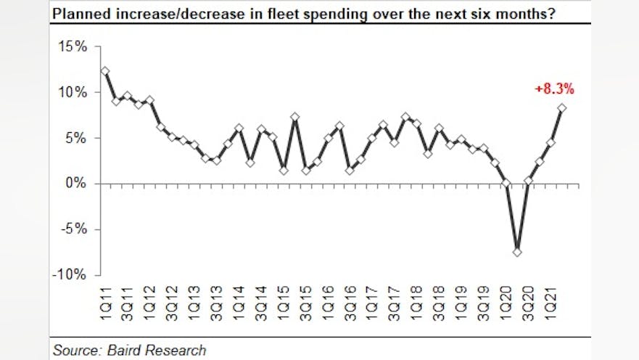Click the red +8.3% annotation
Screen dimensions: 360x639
coord(555,90)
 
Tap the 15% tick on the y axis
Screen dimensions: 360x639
coord(73,47)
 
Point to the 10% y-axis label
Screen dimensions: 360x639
coord(73,93)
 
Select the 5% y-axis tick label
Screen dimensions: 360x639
coord(76,139)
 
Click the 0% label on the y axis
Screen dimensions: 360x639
coord(76,184)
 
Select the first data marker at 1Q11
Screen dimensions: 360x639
coord(104,71)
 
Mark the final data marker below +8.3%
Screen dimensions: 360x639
coord(562,108)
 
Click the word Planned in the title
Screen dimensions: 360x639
coord(78,12)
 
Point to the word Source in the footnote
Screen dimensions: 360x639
coord(75,350)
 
